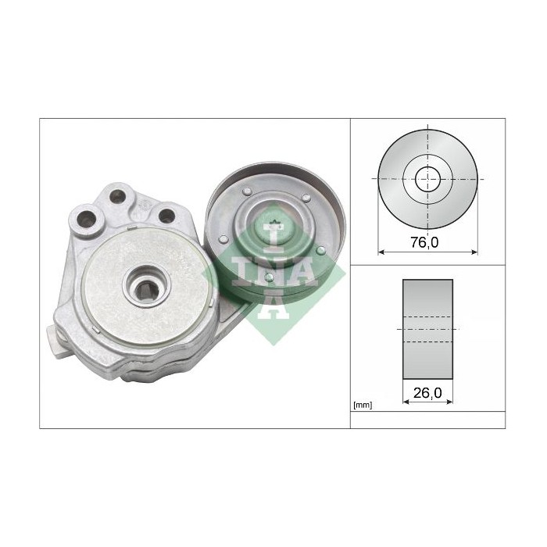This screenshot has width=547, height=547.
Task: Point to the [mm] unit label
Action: click(x=363, y=405)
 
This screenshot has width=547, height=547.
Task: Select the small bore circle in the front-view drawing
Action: click(x=427, y=178)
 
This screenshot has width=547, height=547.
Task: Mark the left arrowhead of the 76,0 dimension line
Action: click(x=381, y=252)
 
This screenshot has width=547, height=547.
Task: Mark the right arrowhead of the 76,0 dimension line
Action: click(x=474, y=252)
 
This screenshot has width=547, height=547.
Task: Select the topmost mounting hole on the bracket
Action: click(x=118, y=194)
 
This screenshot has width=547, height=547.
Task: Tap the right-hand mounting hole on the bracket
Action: click(x=166, y=214)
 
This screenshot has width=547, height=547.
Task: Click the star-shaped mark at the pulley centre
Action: click(x=273, y=227)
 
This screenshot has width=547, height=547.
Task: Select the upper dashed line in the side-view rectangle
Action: click(x=427, y=317)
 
